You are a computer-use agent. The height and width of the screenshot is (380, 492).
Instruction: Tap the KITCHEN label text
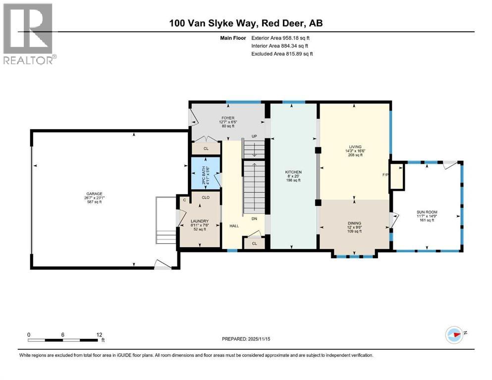click(x=293, y=172)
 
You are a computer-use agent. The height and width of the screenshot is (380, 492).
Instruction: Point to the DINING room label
click(x=354, y=223)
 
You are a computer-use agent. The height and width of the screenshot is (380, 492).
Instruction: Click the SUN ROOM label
click(x=427, y=212)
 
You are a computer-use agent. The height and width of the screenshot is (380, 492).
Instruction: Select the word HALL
click(x=234, y=225)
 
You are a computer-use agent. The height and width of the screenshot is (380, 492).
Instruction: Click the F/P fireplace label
click(x=385, y=175)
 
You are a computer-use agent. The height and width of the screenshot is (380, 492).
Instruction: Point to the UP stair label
click(x=254, y=136)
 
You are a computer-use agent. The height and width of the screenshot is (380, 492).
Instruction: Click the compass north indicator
click(x=454, y=334)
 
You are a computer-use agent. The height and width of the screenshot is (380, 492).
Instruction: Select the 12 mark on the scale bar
click(x=100, y=334)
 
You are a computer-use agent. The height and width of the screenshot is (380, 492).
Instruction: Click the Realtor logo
click(x=28, y=34)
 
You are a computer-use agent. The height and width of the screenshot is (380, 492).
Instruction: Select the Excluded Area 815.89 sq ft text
click(x=282, y=53)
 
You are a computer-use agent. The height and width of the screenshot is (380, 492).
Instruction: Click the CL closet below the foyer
click(x=206, y=148)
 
